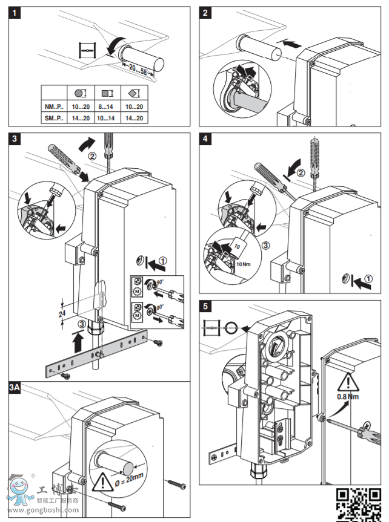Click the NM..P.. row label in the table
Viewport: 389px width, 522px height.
click(x=54, y=107)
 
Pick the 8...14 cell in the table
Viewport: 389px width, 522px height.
click(x=107, y=107)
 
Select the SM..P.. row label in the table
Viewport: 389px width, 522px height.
click(x=54, y=119)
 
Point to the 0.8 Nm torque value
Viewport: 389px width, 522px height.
click(x=348, y=396)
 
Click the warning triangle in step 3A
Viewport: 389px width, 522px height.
click(x=101, y=481)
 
